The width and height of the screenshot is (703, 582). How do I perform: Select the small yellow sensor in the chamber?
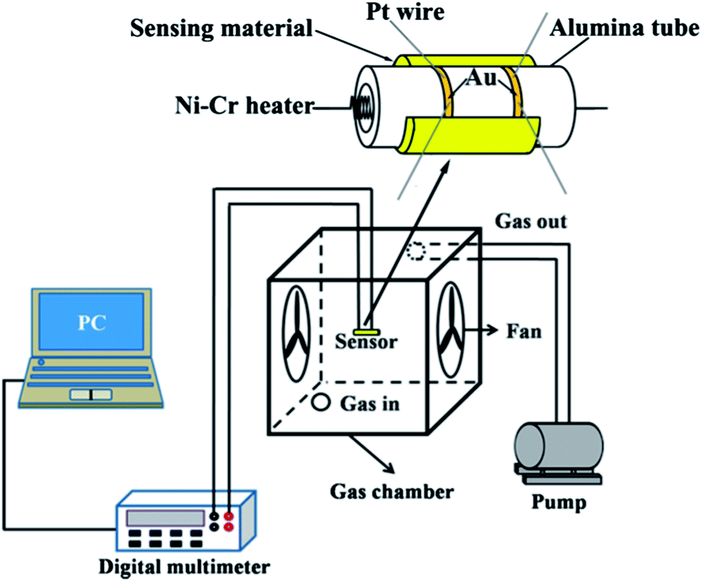[x=366, y=328]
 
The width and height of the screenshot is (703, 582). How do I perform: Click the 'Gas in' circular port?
[x=321, y=403]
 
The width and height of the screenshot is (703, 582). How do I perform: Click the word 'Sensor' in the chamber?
[x=365, y=343]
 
